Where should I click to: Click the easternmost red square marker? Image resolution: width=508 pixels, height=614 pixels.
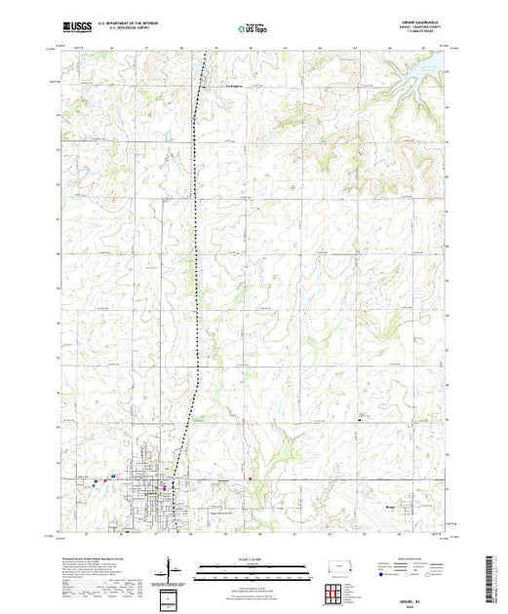(250, 478)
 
